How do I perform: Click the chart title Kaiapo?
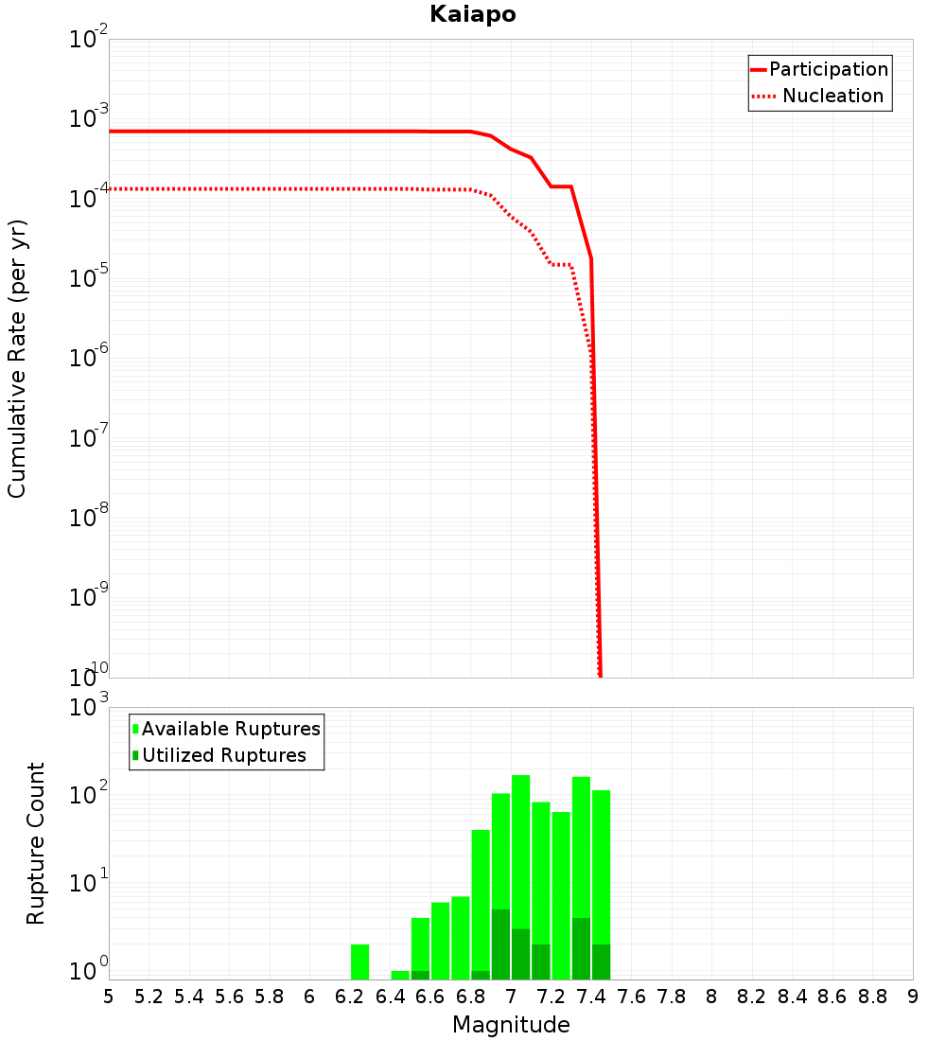coord(472,14)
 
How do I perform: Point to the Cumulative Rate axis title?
coord(17,359)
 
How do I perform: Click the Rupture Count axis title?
coord(36,843)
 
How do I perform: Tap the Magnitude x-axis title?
coord(511,1025)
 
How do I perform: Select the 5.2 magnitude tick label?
coord(149,997)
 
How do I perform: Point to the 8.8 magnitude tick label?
coord(872,997)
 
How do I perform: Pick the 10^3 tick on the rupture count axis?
coord(91,708)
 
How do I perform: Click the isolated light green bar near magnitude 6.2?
coord(359,961)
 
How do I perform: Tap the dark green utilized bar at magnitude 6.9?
coord(500,944)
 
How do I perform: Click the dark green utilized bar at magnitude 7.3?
coord(581,948)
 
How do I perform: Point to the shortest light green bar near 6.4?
coord(400,975)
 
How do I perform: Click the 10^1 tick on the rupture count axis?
coord(91,885)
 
